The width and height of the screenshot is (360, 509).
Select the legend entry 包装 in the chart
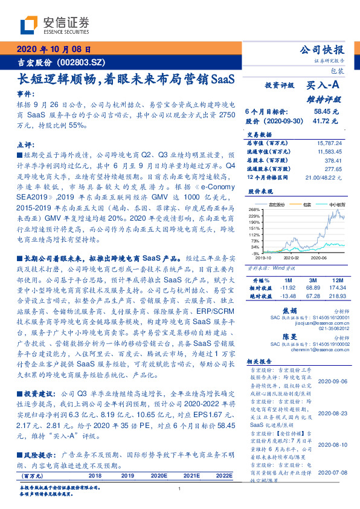tap(309, 206)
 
